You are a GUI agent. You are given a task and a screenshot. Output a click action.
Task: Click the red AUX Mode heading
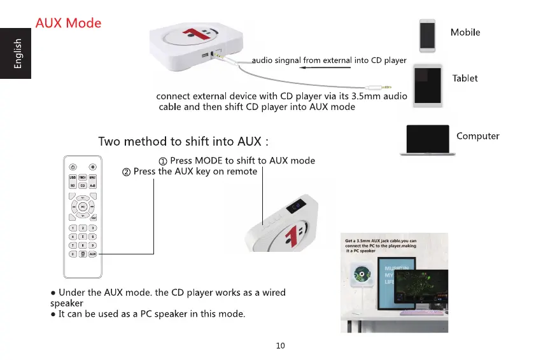pos(69,24)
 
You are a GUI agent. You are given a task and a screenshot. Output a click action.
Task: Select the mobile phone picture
pos(427,34)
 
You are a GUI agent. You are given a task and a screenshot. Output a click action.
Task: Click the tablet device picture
pos(428,82)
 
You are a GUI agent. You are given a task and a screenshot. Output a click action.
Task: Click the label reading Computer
pos(477,136)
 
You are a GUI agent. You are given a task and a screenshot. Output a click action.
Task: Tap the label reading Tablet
pos(465,78)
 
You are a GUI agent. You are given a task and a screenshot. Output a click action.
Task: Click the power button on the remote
pos(73,166)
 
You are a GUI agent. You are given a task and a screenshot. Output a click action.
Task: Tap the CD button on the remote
pos(83,185)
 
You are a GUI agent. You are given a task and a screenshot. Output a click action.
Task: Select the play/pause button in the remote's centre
pos(83,207)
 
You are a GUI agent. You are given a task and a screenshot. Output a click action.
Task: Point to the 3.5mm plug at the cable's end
pos(385,88)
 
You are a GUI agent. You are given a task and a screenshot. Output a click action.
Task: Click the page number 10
pos(281,345)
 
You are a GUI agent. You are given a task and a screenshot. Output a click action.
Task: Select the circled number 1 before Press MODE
pos(162,161)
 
